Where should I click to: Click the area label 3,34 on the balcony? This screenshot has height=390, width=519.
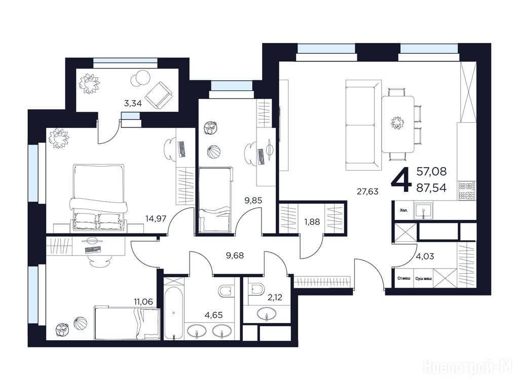pyautogui.click(x=133, y=103)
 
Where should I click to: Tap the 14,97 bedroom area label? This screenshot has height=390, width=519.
pyautogui.click(x=156, y=218)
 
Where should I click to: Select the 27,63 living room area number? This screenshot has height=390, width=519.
pyautogui.click(x=367, y=191)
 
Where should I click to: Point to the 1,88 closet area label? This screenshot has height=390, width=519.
pyautogui.click(x=312, y=221)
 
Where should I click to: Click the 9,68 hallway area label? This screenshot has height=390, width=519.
pyautogui.click(x=235, y=255)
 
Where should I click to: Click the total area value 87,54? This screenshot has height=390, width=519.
pyautogui.click(x=431, y=188)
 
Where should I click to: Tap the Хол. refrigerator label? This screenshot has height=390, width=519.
pyautogui.click(x=404, y=210)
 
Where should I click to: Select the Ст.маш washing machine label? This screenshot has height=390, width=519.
pyautogui.click(x=403, y=278)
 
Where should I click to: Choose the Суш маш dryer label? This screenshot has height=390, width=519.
pyautogui.click(x=423, y=279)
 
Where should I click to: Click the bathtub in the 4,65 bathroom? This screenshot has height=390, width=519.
pyautogui.click(x=174, y=313)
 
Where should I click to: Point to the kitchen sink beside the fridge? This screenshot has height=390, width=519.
pyautogui.click(x=423, y=210)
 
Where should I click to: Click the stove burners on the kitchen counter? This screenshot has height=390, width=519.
pyautogui.click(x=467, y=191)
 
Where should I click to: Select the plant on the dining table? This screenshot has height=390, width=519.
pyautogui.click(x=397, y=123)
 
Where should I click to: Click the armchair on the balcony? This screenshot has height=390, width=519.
pyautogui.click(x=159, y=95)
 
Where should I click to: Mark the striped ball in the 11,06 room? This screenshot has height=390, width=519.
pyautogui.click(x=80, y=323)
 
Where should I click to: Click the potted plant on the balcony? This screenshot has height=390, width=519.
pyautogui.click(x=89, y=83)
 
